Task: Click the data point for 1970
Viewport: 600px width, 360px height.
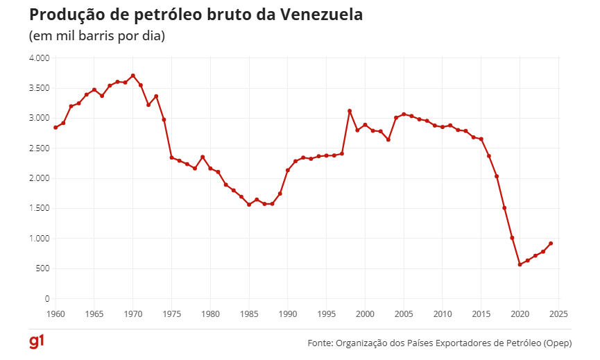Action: click(x=132, y=76)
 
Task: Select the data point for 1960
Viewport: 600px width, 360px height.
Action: click(x=55, y=128)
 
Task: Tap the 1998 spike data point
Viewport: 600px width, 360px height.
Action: click(x=350, y=111)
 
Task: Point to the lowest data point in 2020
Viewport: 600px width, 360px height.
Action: click(x=520, y=264)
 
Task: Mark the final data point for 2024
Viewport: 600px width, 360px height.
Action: click(x=551, y=243)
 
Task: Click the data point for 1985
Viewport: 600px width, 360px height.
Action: click(x=249, y=205)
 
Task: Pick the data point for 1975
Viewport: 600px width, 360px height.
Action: click(x=171, y=157)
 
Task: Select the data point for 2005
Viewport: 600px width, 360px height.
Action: click(x=404, y=114)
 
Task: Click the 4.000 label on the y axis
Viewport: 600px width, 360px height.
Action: click(x=39, y=58)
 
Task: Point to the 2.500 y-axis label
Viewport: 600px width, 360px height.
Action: click(x=39, y=148)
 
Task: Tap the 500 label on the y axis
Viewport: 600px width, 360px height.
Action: click(x=42, y=268)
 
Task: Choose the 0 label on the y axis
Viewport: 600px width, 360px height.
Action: click(x=46, y=299)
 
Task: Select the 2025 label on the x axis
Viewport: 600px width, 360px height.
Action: click(x=558, y=314)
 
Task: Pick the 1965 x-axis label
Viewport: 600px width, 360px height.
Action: click(x=94, y=314)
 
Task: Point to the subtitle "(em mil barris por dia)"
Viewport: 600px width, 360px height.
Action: click(x=96, y=35)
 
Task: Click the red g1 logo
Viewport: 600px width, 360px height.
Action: click(x=37, y=343)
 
